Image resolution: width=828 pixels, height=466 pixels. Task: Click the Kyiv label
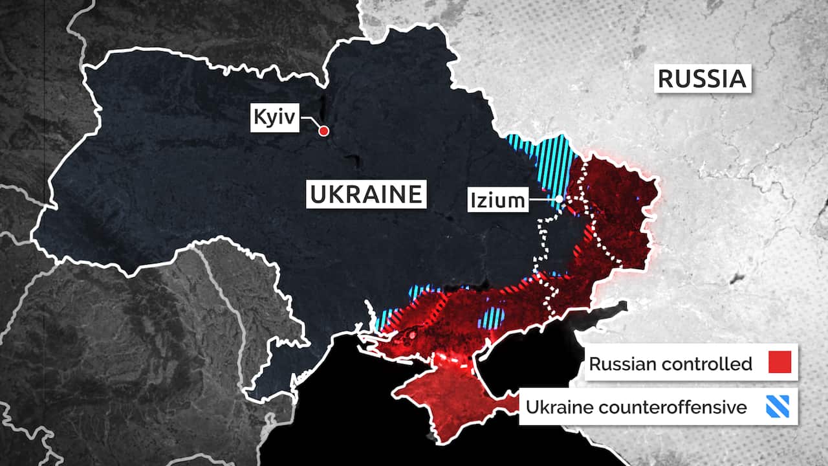point(274,118)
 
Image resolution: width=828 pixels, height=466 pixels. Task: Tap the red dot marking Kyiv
point(324,131)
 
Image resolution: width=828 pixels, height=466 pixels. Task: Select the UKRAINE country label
point(366,194)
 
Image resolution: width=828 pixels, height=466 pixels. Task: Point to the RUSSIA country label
point(702,78)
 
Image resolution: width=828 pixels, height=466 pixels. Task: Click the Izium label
point(497,201)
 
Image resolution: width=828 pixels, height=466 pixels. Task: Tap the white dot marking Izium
point(560,199)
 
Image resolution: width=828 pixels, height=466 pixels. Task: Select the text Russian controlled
point(670,364)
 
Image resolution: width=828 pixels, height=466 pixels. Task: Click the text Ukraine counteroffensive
point(636,408)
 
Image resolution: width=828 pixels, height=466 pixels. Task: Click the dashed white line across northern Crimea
point(453,360)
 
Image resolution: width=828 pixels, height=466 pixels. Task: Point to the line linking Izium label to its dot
point(542,200)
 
